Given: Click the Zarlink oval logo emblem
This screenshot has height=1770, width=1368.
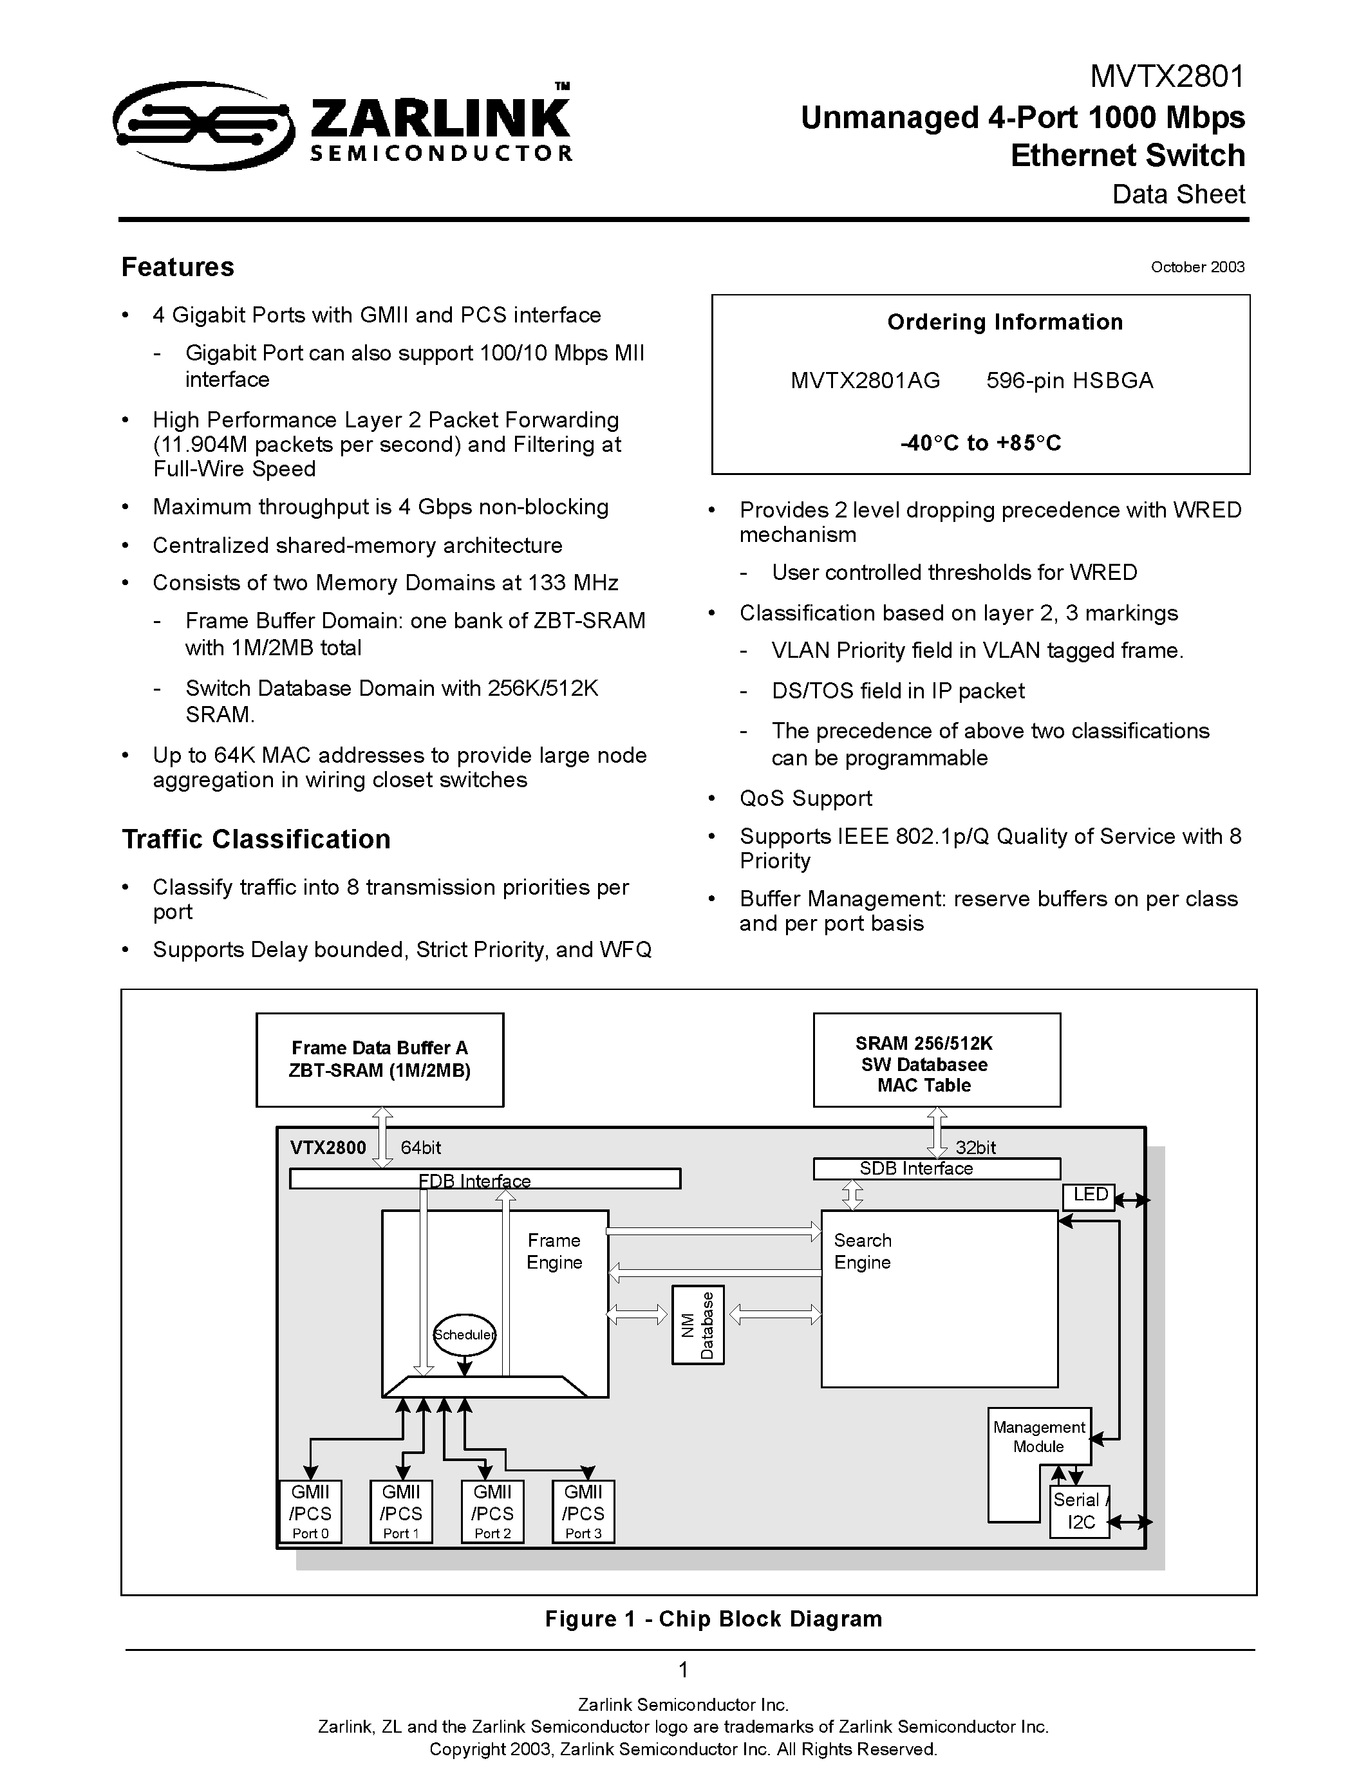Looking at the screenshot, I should tap(203, 126).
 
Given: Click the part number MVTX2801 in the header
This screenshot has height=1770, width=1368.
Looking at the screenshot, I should tap(1167, 77).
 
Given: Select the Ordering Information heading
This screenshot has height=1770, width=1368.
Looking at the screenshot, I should tap(1004, 322).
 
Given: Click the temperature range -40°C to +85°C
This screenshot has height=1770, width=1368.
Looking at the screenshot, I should tap(980, 443).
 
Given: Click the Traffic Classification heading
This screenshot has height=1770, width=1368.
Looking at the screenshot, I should tap(256, 839).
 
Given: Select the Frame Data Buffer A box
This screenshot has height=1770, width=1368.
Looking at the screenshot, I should tap(379, 1059).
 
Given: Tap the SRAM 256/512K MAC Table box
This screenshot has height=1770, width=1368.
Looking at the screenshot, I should tap(936, 1059).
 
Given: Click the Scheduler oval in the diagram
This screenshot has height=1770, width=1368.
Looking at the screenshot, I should tap(464, 1335).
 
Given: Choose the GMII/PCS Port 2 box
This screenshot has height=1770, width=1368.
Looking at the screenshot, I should tap(492, 1511).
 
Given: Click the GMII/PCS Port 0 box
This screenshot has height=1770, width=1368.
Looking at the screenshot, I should tap(310, 1511).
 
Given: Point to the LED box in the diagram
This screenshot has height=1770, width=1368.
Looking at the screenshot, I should tap(1089, 1195).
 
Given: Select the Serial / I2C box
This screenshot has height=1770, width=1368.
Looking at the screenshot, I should tap(1080, 1511).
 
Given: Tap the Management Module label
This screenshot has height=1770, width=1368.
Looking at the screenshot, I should tap(1038, 1437).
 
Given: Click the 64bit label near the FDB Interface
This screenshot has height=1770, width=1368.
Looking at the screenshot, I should tap(420, 1148).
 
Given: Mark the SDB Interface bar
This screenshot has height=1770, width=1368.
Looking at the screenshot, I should tap(936, 1169).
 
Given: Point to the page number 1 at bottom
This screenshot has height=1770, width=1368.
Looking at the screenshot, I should tap(683, 1670).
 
